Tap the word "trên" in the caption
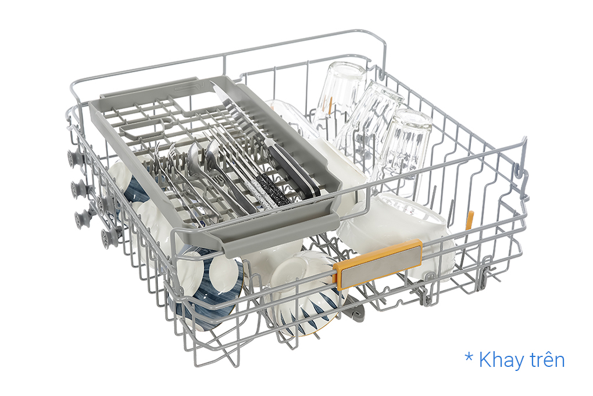[547, 359]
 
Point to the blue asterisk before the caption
[469, 358]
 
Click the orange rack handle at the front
[378, 263]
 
